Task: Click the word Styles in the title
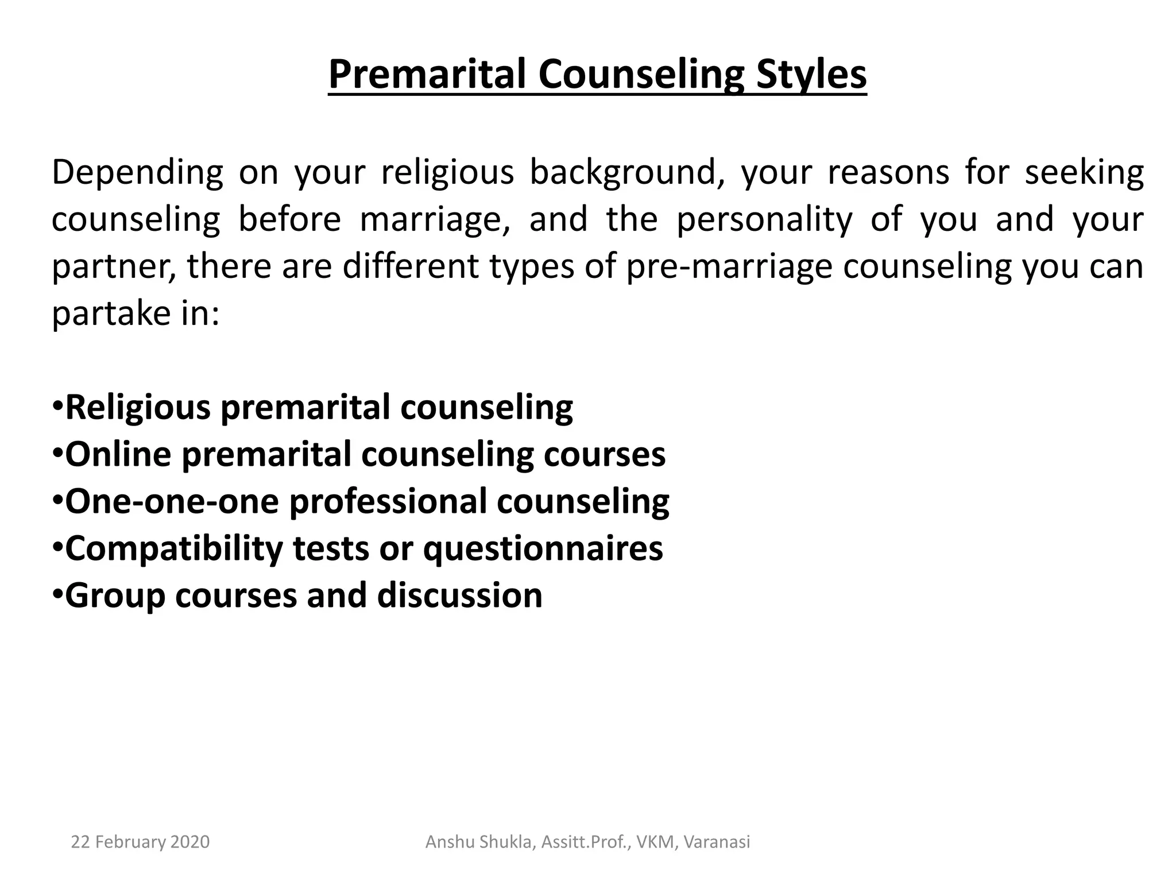[811, 75]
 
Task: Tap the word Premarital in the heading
[427, 75]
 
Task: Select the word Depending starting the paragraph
[137, 173]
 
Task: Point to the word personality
[764, 220]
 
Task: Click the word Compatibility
[174, 548]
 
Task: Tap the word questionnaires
[543, 548]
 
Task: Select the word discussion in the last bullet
[459, 595]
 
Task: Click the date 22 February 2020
[140, 842]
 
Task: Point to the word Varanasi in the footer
[717, 842]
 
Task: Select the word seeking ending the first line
[1084, 173]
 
